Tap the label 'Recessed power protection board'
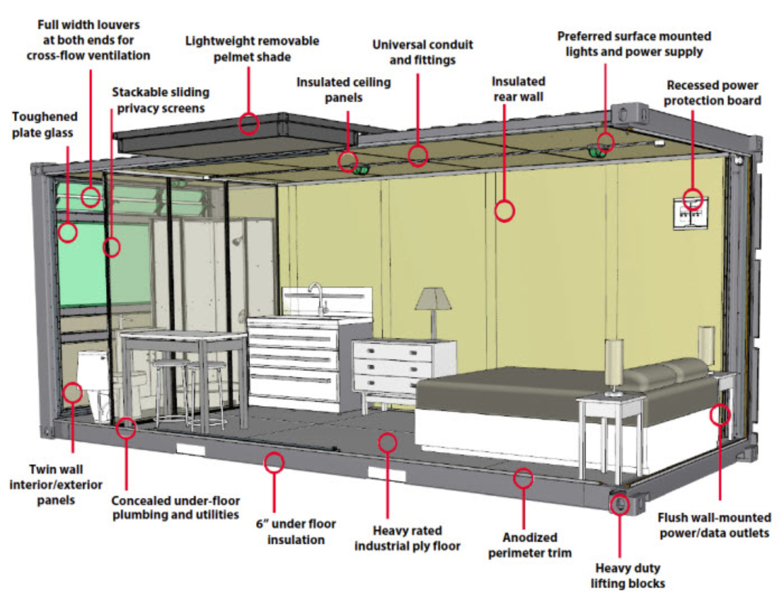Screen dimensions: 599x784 712,93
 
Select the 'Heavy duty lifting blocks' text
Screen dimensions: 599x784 627,576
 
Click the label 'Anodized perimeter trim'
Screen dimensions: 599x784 529,545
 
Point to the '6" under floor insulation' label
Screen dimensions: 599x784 296,532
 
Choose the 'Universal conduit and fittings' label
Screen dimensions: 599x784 422,52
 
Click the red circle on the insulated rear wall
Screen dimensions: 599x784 504,211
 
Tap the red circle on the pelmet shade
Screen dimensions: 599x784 249,123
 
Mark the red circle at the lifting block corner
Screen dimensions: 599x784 620,505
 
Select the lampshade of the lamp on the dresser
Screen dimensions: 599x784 433,299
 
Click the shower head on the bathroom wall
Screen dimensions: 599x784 236,241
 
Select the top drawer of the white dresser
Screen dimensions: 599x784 393,352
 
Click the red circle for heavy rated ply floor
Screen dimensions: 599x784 387,442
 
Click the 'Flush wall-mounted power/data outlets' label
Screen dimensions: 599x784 714,525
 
